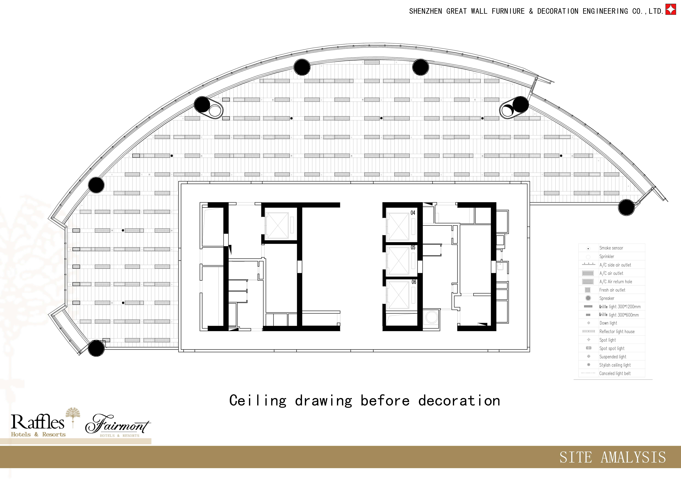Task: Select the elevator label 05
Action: [x=413, y=247]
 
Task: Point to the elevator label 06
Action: [x=414, y=282]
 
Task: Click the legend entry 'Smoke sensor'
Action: [x=611, y=248]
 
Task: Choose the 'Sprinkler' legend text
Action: [x=607, y=256]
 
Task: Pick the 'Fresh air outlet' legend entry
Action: [x=612, y=290]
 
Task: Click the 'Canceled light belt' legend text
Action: [x=615, y=373]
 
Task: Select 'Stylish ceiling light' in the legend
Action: [x=615, y=365]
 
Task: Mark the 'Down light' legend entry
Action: [x=608, y=323]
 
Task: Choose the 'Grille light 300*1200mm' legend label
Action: [x=620, y=307]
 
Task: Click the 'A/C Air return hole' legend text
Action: [x=616, y=282]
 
